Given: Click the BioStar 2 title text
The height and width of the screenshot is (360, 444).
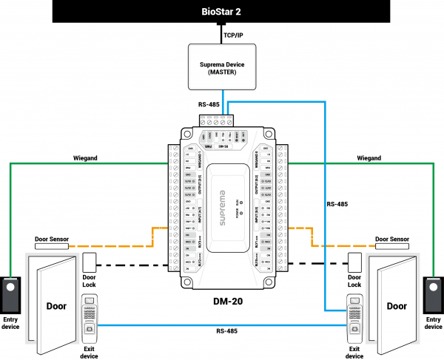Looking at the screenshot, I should pyautogui.click(x=222, y=13).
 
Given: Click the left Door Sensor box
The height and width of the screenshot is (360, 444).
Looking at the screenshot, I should pyautogui.click(x=55, y=239).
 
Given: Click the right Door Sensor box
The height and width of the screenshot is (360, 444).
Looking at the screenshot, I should pyautogui.click(x=392, y=239).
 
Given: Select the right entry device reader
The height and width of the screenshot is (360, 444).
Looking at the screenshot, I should pyautogui.click(x=433, y=293).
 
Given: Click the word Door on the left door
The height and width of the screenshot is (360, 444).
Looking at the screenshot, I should pyautogui.click(x=56, y=305).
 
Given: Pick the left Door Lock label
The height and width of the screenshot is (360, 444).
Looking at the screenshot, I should pyautogui.click(x=90, y=281).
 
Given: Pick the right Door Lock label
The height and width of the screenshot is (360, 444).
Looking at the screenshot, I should pyautogui.click(x=354, y=281).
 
